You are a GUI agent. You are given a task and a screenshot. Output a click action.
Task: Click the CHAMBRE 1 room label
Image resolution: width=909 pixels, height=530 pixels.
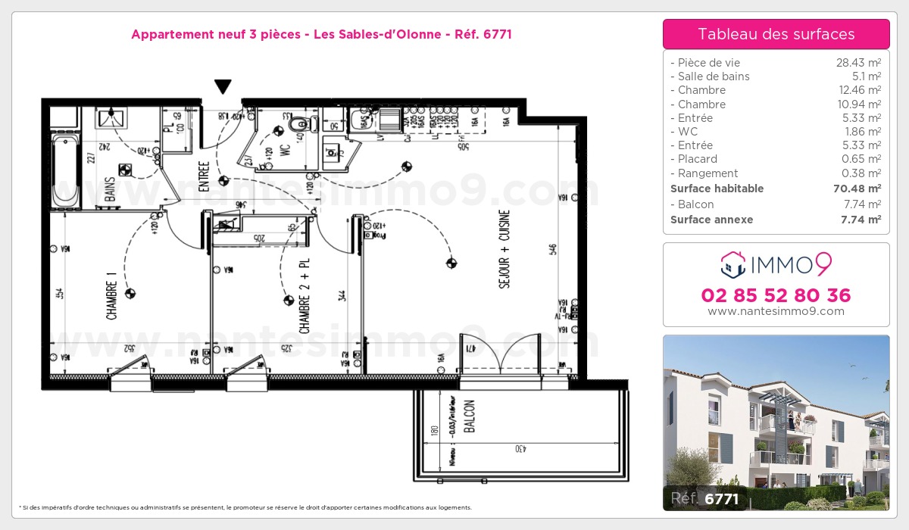point(112,301)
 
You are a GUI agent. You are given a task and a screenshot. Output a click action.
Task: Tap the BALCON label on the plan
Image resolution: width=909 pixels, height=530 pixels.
point(469,416)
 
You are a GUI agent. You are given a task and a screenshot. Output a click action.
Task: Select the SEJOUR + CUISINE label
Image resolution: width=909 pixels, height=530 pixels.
point(504,248)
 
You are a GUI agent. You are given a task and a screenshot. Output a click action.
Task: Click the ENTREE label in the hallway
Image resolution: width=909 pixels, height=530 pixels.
point(204,176)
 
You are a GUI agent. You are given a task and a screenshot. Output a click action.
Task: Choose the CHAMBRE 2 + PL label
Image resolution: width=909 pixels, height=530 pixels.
point(305,294)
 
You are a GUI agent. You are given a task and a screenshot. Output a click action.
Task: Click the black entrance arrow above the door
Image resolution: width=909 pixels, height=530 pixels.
point(223,87)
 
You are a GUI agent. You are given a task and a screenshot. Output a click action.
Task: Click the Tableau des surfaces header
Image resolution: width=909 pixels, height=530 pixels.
point(776,34)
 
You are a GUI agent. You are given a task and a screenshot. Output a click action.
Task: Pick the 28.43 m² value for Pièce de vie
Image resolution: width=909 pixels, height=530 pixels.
point(857,63)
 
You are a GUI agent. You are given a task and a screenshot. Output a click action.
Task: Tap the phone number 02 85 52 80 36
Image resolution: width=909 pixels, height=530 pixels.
point(776,295)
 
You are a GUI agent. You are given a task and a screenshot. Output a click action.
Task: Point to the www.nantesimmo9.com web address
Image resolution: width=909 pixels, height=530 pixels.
point(776,311)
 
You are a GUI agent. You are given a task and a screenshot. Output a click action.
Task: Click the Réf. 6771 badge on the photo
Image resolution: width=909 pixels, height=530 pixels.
point(704,498)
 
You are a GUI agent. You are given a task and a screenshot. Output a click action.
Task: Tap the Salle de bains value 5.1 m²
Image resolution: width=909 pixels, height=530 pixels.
point(865,76)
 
